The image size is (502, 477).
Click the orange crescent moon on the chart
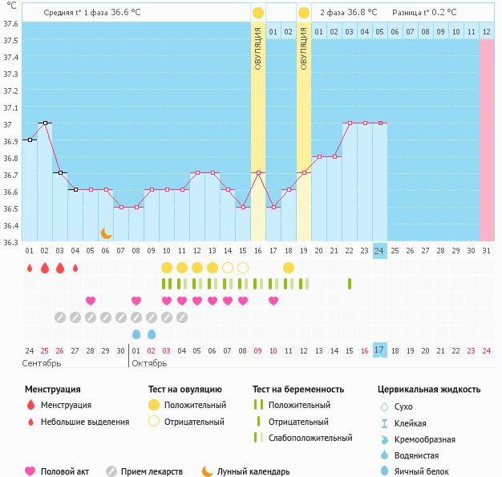(107, 233)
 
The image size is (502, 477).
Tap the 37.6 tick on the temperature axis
(10, 24)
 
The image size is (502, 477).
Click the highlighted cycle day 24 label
(379, 251)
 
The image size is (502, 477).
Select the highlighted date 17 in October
(379, 350)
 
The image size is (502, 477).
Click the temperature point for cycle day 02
(45, 123)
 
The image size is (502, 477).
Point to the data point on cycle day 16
(259, 173)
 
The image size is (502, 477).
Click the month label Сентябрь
(42, 363)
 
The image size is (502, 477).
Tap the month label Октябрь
(149, 363)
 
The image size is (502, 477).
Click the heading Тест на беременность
(298, 390)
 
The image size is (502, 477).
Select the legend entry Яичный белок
(415, 471)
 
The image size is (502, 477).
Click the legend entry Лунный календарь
(246, 471)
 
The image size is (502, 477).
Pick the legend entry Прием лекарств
(144, 471)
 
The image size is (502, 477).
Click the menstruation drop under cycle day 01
(30, 268)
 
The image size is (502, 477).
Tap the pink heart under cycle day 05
(91, 301)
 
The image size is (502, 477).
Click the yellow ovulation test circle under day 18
(289, 268)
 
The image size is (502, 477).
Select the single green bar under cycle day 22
(350, 284)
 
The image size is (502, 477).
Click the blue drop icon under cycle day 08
(136, 334)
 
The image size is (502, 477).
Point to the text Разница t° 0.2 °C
(424, 13)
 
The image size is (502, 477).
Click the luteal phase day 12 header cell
(486, 31)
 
